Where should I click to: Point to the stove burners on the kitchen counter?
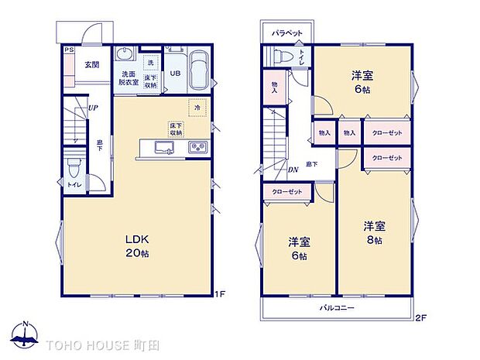197,147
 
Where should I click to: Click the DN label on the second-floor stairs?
293,169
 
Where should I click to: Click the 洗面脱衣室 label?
129,79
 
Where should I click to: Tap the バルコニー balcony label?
337,308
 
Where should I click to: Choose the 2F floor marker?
420,317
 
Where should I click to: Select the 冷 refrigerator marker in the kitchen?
196,109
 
